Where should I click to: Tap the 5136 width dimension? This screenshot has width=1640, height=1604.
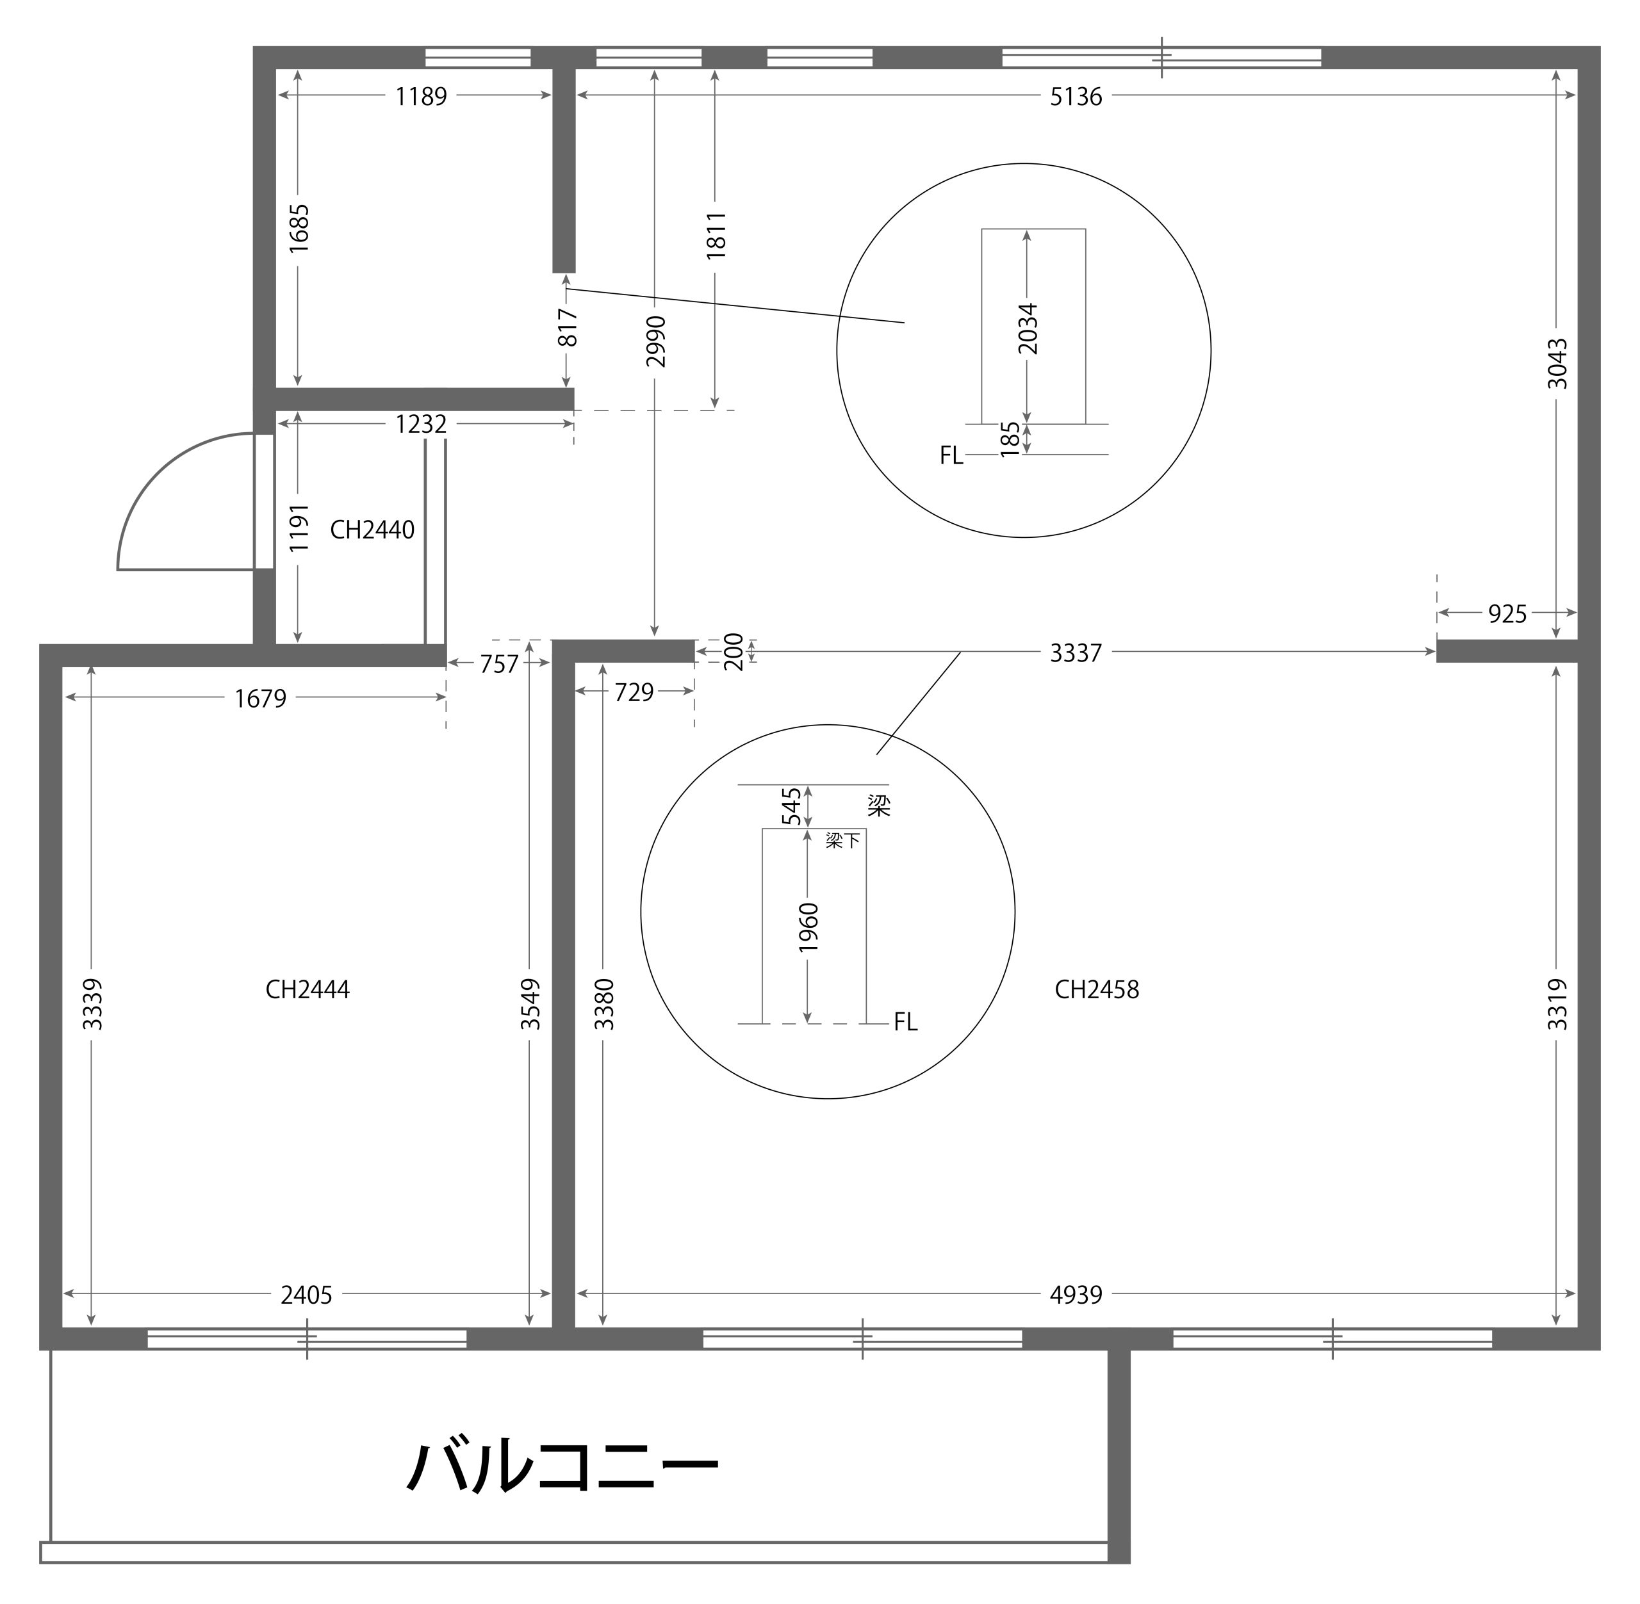click(1076, 97)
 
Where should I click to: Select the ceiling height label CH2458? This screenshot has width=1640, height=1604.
click(1096, 989)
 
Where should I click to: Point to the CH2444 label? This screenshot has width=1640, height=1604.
click(307, 989)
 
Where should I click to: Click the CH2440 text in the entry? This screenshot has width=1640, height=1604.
click(372, 530)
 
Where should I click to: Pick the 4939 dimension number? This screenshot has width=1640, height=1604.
click(1076, 1295)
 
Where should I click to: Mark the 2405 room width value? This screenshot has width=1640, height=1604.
click(306, 1295)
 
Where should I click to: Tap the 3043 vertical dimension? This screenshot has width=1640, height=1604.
click(1557, 363)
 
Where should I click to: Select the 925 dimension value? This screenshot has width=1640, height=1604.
click(1507, 614)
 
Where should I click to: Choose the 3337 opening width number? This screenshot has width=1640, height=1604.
click(1076, 653)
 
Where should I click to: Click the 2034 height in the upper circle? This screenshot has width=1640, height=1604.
click(1028, 328)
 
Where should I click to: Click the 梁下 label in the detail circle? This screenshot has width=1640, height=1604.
click(843, 840)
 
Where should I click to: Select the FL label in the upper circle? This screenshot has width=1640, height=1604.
click(951, 456)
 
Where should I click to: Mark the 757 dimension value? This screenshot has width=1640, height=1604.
click(499, 665)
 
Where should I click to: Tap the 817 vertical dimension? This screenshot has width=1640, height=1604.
click(568, 328)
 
